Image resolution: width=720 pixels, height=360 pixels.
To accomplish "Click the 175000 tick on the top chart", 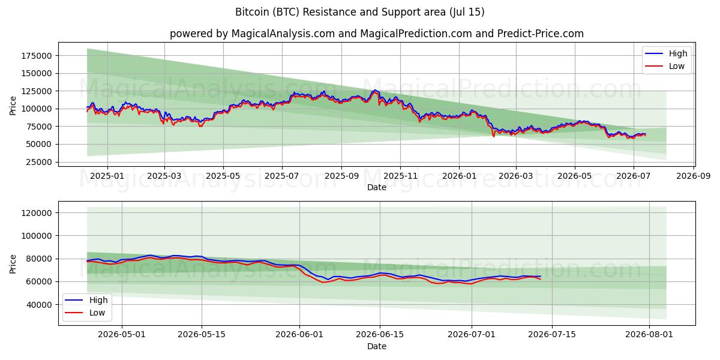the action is click(37, 56).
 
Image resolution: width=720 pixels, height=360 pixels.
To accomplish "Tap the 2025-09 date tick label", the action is click(341, 176).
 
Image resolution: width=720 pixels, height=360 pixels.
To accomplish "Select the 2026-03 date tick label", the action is click(516, 176).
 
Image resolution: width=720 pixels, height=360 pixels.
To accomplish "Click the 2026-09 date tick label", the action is click(694, 176).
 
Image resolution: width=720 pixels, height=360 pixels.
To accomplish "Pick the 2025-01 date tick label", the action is click(107, 176).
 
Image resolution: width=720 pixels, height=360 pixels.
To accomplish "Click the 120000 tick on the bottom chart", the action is click(37, 213).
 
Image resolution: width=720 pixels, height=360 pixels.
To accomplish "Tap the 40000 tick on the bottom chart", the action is click(38, 305).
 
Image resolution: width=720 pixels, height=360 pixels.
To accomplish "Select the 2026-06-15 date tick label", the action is click(380, 335).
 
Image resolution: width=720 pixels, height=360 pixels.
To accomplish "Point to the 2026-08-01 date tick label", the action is click(649, 335).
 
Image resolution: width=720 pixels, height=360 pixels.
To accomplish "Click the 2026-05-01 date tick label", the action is click(122, 335).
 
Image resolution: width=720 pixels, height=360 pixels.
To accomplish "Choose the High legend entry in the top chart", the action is click(666, 53).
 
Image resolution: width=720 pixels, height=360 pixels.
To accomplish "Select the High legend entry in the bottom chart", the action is click(86, 300).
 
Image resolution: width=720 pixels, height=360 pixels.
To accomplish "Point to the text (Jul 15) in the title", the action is click(467, 12).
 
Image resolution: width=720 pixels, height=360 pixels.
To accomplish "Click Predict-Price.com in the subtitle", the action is click(541, 34).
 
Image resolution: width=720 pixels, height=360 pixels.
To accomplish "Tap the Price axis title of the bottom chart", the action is click(13, 264).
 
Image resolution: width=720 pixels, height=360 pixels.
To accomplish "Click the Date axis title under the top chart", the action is click(377, 187).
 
